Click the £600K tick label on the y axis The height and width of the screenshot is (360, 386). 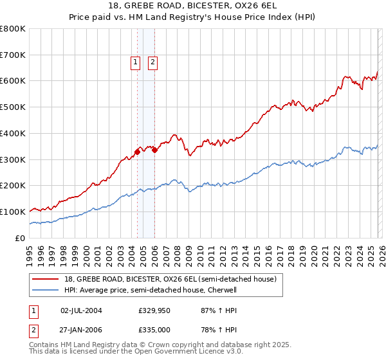(13, 81)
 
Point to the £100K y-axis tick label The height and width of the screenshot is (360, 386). (13, 212)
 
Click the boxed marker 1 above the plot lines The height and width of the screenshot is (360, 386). (136, 62)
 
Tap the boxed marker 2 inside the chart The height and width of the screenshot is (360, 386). (153, 62)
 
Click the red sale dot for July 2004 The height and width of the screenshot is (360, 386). (138, 152)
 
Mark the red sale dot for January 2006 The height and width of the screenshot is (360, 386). (155, 150)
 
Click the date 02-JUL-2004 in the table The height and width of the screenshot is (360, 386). (81, 310)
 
